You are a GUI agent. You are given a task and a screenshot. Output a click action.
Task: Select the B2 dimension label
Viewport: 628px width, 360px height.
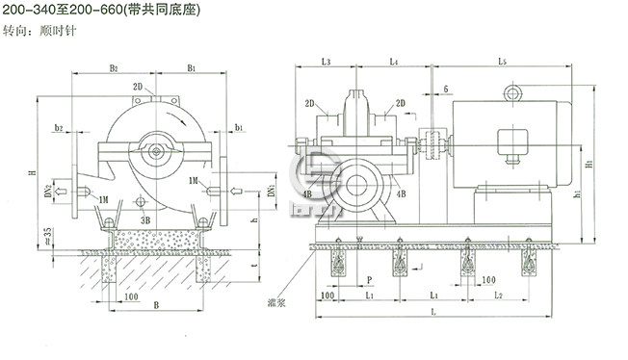113,68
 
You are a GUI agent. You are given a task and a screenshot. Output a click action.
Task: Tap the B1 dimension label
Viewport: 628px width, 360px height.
192,68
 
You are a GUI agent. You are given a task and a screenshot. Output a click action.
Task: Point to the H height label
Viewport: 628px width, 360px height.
33,172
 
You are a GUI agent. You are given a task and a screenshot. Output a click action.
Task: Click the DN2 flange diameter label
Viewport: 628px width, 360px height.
45,192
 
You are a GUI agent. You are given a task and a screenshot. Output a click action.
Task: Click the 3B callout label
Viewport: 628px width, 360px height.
145,220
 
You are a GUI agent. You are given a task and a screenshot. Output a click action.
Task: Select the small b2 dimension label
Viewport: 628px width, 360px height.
60,127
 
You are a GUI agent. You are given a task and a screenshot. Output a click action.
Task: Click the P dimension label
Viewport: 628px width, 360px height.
369,281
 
